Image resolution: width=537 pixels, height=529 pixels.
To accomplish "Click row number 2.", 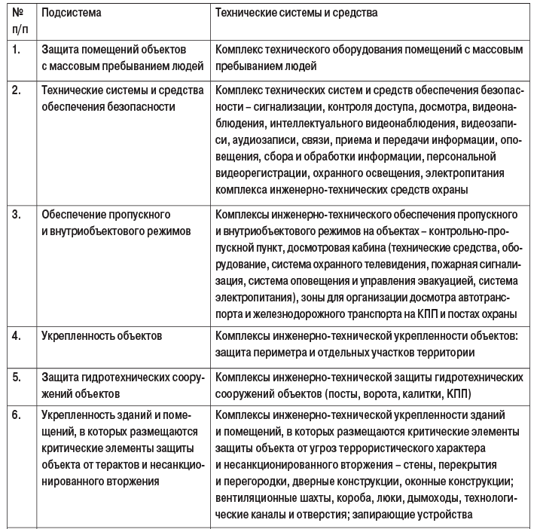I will (16, 91).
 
